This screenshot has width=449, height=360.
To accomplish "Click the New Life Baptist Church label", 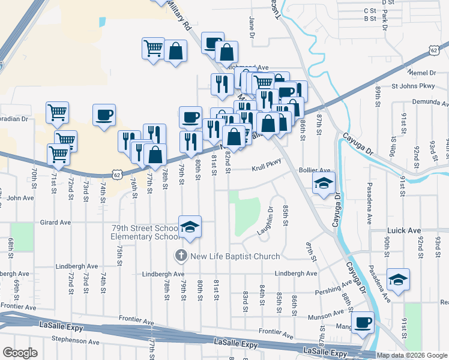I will [235, 256].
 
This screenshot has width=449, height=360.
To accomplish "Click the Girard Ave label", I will [55, 222].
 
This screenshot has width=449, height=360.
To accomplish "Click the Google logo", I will [20, 352].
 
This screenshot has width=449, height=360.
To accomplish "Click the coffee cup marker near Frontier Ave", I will [363, 322].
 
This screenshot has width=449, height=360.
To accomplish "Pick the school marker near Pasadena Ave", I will [398, 279].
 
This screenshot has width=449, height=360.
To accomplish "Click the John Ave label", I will [20, 197].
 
